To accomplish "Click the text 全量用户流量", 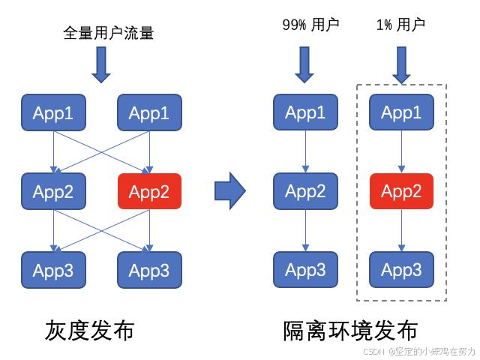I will (109, 33).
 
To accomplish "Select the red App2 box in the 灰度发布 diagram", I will (149, 191).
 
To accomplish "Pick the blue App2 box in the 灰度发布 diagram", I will (53, 191).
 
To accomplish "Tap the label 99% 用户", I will (310, 24).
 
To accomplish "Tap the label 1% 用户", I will (400, 24).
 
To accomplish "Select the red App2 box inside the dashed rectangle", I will (401, 191).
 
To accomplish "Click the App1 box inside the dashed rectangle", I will (401, 112).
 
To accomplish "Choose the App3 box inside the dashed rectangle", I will (401, 269).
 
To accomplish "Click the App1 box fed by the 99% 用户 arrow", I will (305, 112).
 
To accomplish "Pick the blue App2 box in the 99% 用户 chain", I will (305, 191).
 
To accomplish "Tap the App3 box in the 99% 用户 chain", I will (305, 269).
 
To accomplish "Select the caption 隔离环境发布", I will (350, 331).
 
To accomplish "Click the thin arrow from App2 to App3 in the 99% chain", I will (305, 230).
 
